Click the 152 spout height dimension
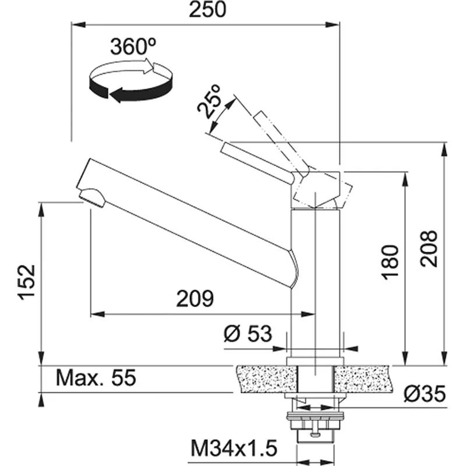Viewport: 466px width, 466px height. [x=27, y=282]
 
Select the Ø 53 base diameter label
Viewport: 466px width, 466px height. [x=248, y=334]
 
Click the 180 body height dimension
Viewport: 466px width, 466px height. [x=390, y=262]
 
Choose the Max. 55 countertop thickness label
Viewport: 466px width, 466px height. [x=96, y=378]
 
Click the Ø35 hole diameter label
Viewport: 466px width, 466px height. [x=424, y=395]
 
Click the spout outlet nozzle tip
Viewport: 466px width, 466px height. [x=92, y=198]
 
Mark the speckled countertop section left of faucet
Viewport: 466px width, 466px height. [x=262, y=379]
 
